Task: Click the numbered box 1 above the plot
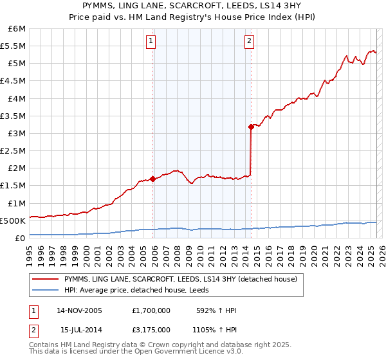coord(151,42)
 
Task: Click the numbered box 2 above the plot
coord(249,42)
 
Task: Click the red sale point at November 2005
coord(152,179)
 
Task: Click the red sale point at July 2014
coord(250,127)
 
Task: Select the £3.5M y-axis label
coord(13,116)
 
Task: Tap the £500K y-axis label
coord(13,221)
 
